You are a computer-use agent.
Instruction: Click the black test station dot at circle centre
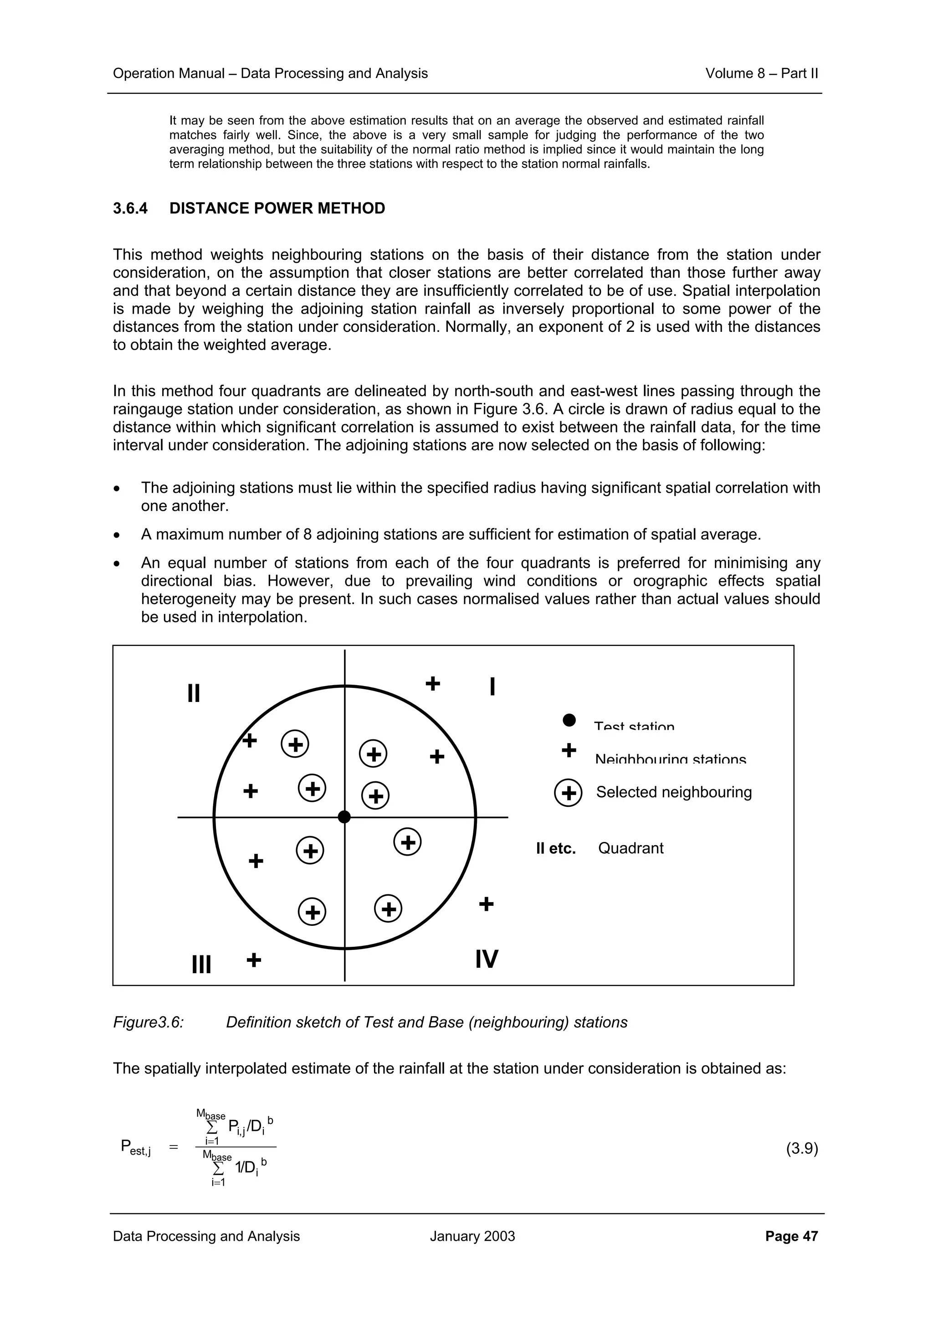pos(344,817)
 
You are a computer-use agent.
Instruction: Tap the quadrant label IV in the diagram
pos(487,959)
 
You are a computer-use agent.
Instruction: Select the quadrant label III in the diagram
pos(201,964)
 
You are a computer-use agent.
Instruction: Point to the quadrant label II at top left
pos(194,693)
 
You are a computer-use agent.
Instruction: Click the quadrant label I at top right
pos(492,686)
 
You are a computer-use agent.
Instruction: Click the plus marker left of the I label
pos(433,683)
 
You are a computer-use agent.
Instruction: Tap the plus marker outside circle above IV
pos(487,904)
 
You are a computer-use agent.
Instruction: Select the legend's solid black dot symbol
pos(569,720)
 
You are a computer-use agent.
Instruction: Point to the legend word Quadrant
pos(631,848)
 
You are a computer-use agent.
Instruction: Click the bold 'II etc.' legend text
pos(555,849)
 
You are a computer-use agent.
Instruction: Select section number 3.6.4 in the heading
pos(130,208)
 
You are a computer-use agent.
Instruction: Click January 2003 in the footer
pos(472,1236)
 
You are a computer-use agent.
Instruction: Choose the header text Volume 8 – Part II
pos(761,73)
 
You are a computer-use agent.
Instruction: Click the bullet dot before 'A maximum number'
pos(117,536)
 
